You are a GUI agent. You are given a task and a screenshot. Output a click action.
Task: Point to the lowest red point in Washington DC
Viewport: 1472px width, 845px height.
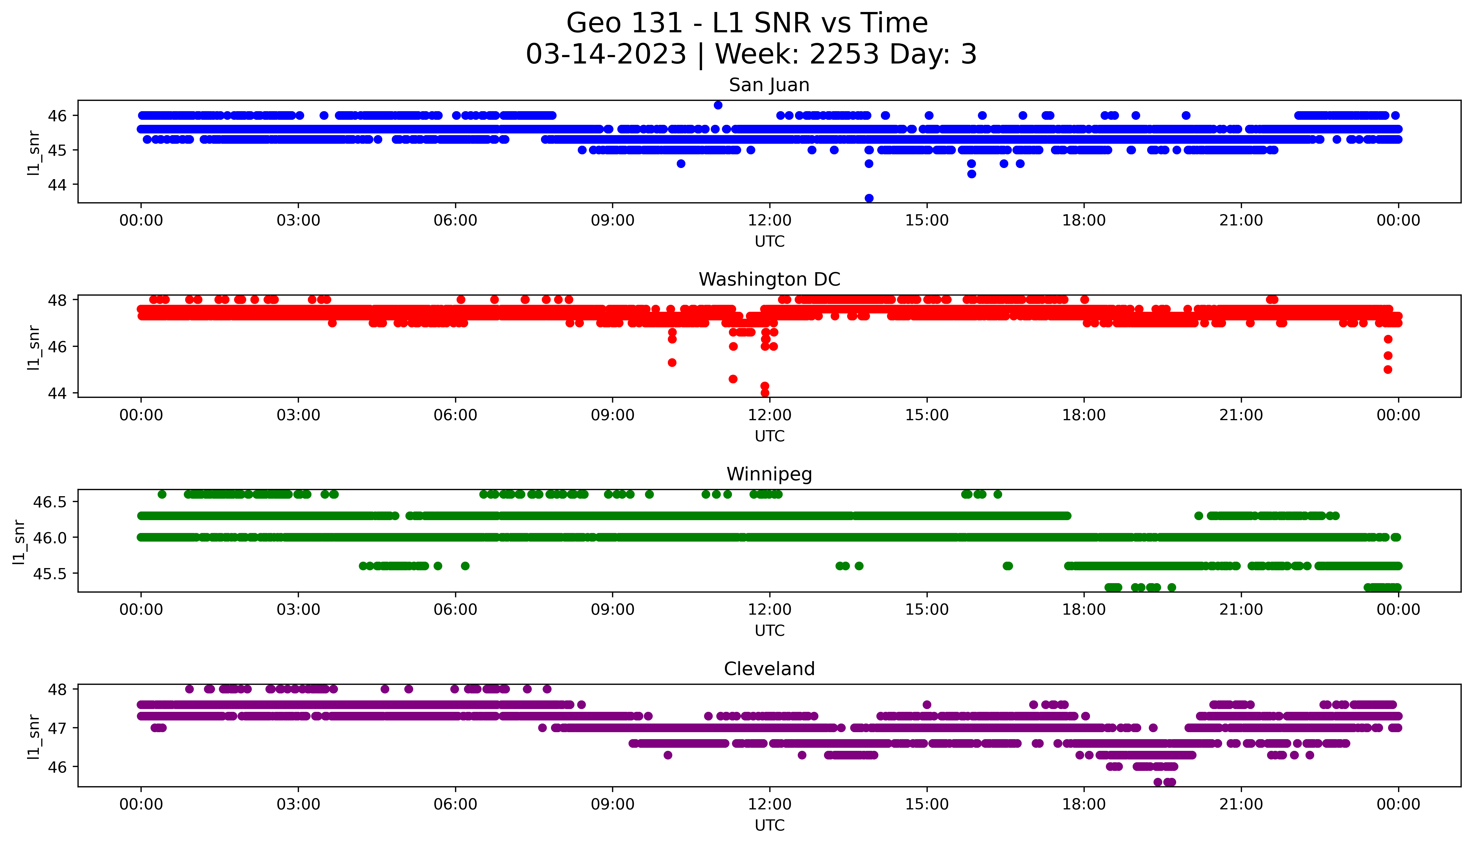pyautogui.click(x=765, y=393)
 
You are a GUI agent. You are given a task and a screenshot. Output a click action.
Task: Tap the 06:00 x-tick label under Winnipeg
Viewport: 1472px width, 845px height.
pyautogui.click(x=455, y=610)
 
